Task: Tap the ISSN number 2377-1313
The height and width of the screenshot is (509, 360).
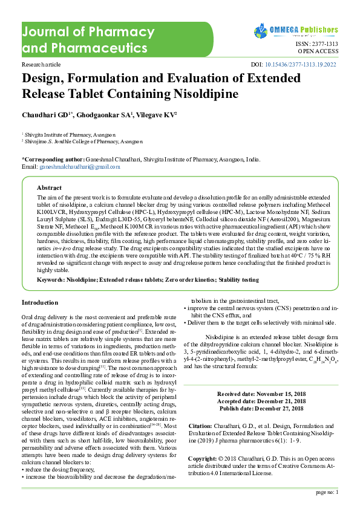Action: tap(326, 44)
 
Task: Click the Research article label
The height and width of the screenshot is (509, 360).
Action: tap(41, 64)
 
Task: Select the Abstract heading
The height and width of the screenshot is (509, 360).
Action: tap(49, 187)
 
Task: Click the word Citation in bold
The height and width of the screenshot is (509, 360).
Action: tap(200, 427)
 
